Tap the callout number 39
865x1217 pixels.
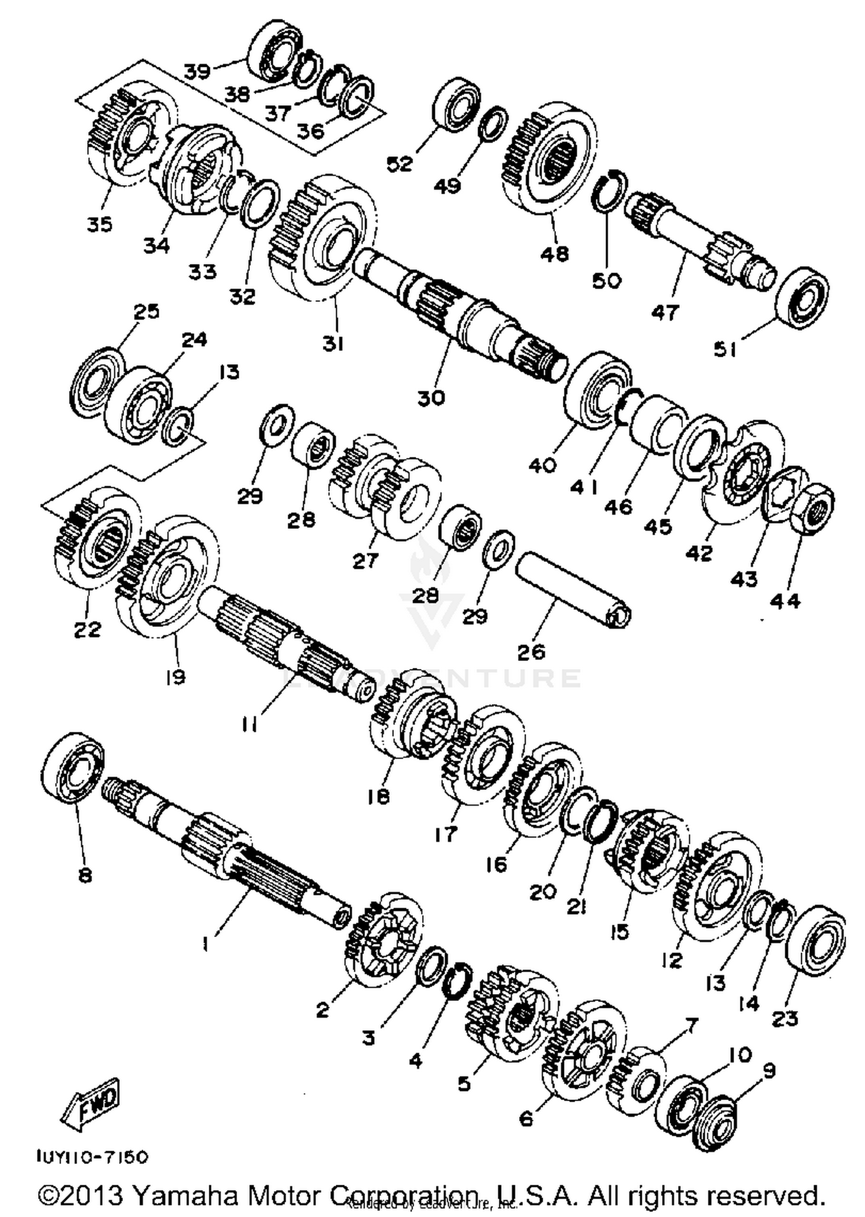pos(197,71)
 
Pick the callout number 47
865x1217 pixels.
pos(665,312)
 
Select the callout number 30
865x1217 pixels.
pos(431,397)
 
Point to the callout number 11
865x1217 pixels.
pos(249,725)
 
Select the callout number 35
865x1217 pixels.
pos(99,224)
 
